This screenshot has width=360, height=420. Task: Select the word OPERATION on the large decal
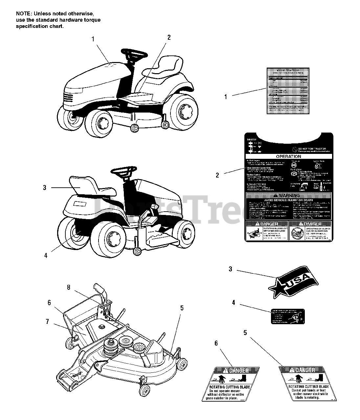(x=288, y=157)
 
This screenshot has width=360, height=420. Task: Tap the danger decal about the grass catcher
(x=230, y=384)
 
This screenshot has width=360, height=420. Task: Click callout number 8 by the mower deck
(x=69, y=287)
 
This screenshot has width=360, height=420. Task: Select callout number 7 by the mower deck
(x=48, y=322)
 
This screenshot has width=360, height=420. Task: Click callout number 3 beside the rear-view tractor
(x=45, y=188)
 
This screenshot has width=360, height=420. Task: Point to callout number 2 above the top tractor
(x=169, y=37)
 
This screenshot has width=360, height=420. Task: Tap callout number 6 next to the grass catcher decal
(x=216, y=343)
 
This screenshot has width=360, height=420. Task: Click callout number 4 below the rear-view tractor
(x=46, y=255)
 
